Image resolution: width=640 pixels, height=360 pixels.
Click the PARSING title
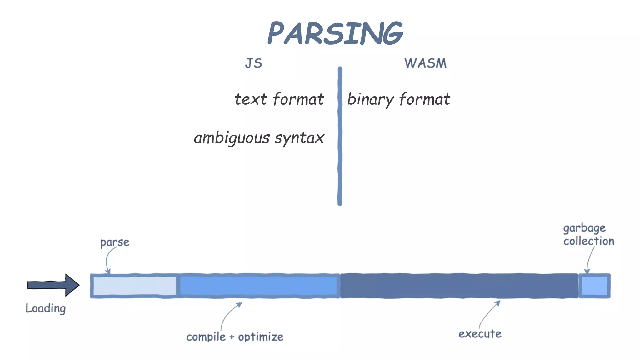[x=335, y=33]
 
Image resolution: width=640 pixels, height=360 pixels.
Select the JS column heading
[x=253, y=63]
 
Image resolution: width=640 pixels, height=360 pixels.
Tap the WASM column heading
[x=425, y=63]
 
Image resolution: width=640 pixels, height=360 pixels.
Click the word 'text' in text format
[x=251, y=99]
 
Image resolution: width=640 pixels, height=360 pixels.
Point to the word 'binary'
[x=370, y=100]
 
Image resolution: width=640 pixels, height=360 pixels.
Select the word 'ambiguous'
[x=232, y=138]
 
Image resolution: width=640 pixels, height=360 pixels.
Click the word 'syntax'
[x=299, y=138]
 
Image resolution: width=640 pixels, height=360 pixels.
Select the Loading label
[x=46, y=308]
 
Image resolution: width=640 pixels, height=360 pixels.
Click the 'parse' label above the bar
[x=115, y=242]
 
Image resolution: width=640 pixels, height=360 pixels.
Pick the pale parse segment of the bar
[x=134, y=286]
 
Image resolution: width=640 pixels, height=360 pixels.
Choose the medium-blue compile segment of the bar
[x=258, y=286]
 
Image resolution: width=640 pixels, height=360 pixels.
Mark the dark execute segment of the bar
[x=459, y=286]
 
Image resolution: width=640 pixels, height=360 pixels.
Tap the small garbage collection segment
[x=594, y=286]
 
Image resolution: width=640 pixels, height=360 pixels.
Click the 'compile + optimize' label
[x=235, y=337]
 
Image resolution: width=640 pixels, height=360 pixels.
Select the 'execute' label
[x=480, y=334]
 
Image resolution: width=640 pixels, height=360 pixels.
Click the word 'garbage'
[x=584, y=228]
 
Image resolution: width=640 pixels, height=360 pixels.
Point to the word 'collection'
[x=589, y=241]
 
